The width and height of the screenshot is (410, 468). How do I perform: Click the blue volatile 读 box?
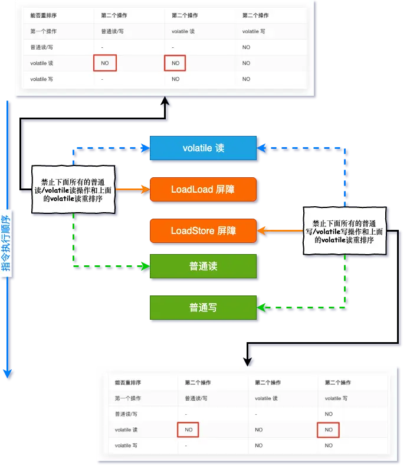[x=203, y=148]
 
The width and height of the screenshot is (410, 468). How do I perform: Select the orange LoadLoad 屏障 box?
[x=203, y=189]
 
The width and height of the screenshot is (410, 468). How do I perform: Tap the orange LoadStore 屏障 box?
[x=203, y=230]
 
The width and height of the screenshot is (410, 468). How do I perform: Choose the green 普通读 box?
[x=203, y=266]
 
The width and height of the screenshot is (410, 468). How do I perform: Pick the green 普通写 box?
[x=203, y=307]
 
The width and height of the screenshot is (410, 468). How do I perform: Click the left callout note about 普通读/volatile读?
[x=73, y=190]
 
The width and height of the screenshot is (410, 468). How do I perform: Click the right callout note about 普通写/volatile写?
[x=345, y=230]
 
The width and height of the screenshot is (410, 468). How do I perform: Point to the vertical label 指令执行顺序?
[x=6, y=243]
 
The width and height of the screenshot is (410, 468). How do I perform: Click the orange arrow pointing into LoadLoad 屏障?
[x=133, y=189]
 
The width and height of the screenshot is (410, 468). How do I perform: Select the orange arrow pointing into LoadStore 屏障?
[x=280, y=230]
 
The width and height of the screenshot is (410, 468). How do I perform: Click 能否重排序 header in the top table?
[x=44, y=15]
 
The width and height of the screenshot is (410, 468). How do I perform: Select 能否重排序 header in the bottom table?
[x=128, y=383]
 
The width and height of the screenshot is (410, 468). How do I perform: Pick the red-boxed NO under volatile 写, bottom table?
[x=328, y=430]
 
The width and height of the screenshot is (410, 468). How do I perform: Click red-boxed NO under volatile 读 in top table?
[x=175, y=63]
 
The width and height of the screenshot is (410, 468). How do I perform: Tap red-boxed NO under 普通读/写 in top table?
[x=105, y=63]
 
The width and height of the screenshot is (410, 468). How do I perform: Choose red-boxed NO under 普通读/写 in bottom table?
[x=188, y=430]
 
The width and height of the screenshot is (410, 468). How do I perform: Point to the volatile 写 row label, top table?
[x=41, y=79]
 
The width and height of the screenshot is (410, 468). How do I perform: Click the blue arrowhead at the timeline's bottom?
[x=7, y=373]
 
